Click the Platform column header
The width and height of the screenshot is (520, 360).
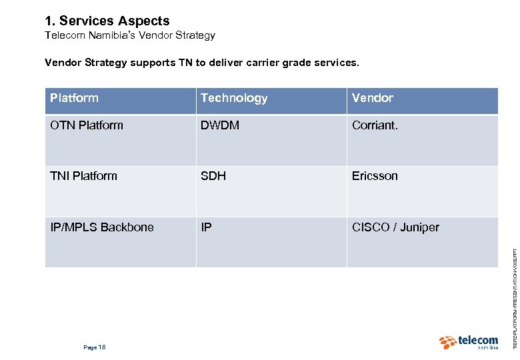[x=74, y=98]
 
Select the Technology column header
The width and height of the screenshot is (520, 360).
[x=234, y=98]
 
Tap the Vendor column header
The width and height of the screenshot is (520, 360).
[x=373, y=98]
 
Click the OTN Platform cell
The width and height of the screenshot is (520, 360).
[x=87, y=125]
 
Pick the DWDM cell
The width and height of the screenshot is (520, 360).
[x=220, y=125]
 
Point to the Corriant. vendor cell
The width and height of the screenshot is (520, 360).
[x=375, y=125]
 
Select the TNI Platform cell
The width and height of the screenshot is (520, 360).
[x=83, y=176]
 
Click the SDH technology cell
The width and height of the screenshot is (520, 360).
[x=213, y=176]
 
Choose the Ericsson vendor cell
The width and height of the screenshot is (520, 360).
[x=375, y=176]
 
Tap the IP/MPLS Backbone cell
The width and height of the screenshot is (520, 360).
[x=102, y=227]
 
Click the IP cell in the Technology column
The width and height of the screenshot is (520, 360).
[x=207, y=227]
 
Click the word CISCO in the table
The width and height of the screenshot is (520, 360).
[x=371, y=227]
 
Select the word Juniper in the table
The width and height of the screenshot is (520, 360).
[x=420, y=227]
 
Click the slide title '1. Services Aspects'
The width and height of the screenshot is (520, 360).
[x=107, y=21]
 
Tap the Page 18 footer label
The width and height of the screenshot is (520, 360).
[x=95, y=347]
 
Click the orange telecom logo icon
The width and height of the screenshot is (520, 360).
[x=447, y=343]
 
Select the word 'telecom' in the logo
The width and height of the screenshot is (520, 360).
[x=478, y=340]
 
